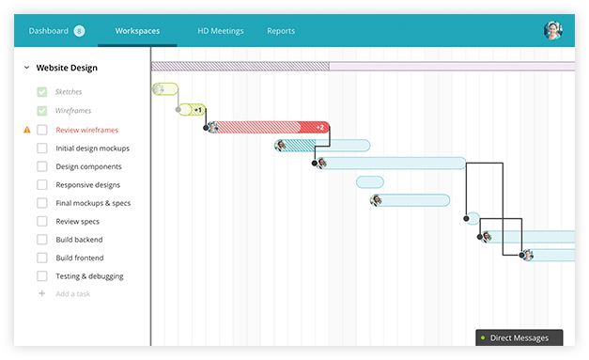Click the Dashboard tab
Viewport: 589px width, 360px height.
point(48,31)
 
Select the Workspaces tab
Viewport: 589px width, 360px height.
point(137,31)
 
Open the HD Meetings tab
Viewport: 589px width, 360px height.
point(220,31)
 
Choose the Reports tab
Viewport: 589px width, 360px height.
point(280,31)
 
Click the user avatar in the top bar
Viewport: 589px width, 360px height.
point(552,30)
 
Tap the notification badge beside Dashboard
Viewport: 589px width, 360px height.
point(79,31)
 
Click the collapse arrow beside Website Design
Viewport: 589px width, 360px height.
point(26,68)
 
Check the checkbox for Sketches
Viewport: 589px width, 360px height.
point(42,92)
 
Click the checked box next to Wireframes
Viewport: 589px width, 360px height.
point(42,111)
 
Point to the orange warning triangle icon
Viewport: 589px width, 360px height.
point(26,130)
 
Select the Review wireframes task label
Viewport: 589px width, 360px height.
point(86,130)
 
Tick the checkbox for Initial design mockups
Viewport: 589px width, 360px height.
point(42,148)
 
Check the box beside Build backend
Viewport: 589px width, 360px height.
point(42,240)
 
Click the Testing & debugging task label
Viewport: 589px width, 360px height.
point(89,276)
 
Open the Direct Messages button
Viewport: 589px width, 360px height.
point(519,337)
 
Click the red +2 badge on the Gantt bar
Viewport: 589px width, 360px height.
point(319,127)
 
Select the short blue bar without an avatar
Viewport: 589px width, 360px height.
point(370,181)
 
